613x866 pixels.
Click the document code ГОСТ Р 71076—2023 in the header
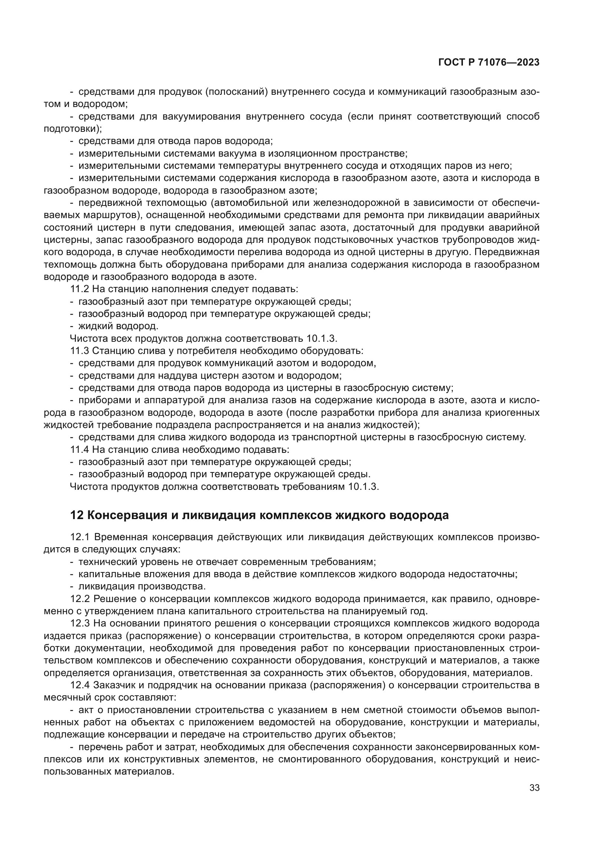click(488, 63)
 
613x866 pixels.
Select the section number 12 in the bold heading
click(77, 515)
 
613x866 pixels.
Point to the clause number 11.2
click(80, 289)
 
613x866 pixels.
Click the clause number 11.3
click(80, 351)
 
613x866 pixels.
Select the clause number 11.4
click(80, 449)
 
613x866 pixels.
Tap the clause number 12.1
click(80, 537)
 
